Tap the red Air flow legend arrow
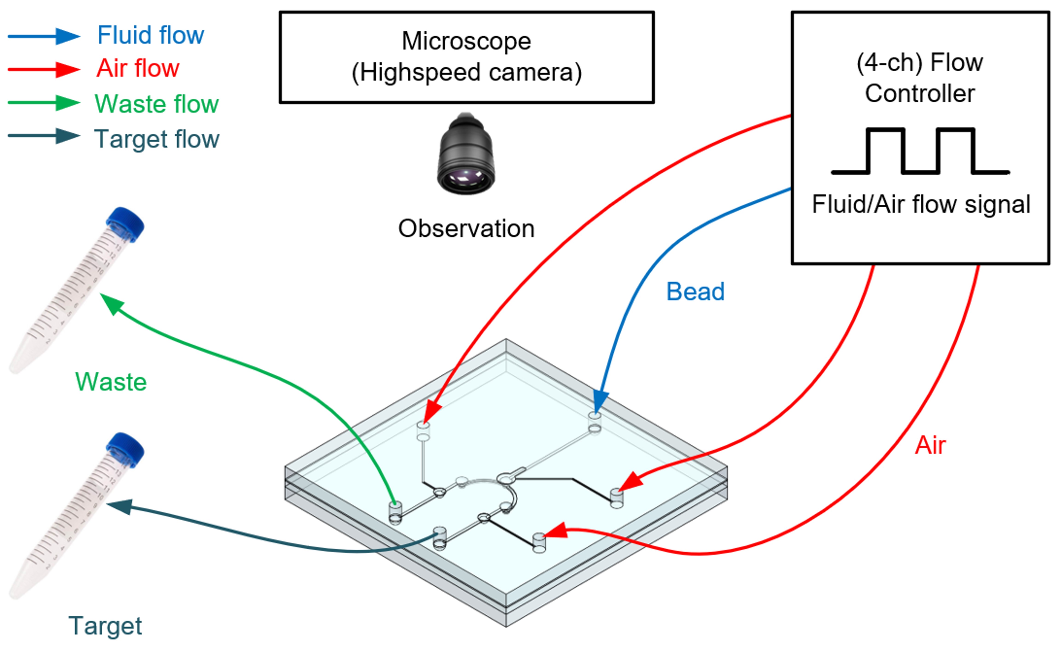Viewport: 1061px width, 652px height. (44, 69)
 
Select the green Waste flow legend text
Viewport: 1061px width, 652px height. (156, 104)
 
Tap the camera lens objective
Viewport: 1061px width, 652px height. (466, 155)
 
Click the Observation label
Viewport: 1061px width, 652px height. (466, 229)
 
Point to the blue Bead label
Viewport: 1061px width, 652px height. (695, 292)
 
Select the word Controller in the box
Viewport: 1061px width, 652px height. (919, 94)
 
